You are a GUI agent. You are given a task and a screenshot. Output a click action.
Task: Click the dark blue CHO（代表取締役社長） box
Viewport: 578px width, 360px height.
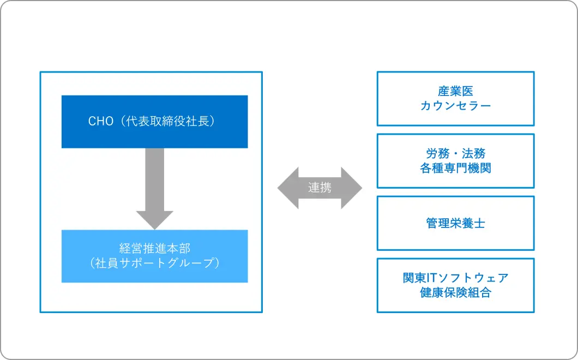pos(154,122)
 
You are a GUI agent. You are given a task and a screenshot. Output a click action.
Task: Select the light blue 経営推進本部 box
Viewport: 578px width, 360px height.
pos(154,256)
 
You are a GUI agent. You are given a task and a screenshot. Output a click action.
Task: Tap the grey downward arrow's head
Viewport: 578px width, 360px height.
pos(154,220)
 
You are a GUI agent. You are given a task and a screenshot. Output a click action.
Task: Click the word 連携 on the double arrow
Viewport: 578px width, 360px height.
pos(320,188)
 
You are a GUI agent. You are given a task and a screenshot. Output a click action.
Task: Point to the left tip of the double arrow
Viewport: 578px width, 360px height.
pos(278,188)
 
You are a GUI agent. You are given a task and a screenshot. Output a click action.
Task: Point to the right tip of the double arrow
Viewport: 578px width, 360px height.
pos(362,188)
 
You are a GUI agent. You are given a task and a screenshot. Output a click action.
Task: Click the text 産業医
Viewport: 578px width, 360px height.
pos(456,91)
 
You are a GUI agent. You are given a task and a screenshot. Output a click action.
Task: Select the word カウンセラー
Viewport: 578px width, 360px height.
pos(456,106)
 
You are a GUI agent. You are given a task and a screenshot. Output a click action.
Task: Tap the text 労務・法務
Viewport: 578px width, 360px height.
pos(456,153)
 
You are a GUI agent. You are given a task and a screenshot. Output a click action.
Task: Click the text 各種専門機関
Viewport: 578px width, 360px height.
pos(456,168)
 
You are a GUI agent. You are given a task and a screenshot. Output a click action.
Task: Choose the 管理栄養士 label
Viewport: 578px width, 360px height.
pos(456,223)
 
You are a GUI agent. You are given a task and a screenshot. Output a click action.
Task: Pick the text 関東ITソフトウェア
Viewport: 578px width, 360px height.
pos(456,278)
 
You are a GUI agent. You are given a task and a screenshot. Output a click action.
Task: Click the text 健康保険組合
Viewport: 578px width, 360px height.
pos(456,292)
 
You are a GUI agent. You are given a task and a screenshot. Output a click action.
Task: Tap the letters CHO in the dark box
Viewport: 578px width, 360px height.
pos(101,121)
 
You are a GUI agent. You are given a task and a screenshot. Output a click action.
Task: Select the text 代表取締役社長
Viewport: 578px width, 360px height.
pos(168,121)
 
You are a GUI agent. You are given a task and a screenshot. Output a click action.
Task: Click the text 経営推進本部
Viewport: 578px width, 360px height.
pos(155,249)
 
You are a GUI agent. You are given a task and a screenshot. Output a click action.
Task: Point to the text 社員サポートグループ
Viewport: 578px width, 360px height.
pos(155,263)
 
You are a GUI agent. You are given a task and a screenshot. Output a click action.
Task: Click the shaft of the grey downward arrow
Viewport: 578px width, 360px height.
pos(154,179)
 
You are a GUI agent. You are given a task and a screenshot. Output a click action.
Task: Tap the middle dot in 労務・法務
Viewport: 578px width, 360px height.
pos(456,154)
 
